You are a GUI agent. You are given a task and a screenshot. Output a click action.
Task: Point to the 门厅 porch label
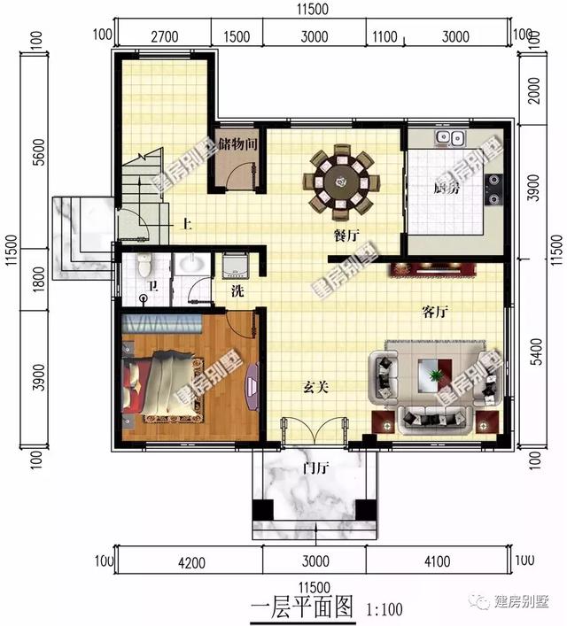315,468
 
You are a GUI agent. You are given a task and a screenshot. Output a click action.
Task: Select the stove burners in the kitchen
493,185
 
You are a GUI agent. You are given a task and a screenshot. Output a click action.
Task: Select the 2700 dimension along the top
165,36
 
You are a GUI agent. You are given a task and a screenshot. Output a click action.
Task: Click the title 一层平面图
301,607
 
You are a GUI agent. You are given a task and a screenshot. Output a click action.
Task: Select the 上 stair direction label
187,224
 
